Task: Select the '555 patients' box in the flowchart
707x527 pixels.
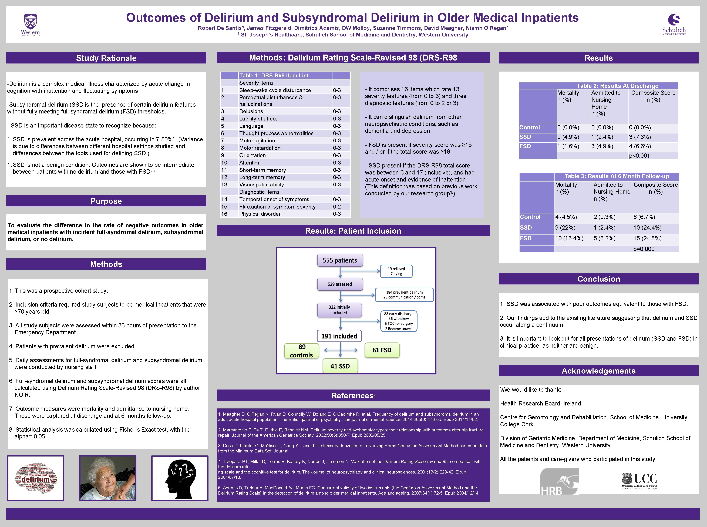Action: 340,260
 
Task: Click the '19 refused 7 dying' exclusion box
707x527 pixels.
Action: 396,271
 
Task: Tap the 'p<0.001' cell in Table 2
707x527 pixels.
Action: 639,156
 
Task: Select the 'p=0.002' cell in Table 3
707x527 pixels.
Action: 644,249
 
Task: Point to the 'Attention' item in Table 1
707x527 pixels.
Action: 250,163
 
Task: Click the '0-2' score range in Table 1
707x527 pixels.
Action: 337,207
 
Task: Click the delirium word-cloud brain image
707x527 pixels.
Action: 36,478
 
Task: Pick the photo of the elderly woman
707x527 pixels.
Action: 108,478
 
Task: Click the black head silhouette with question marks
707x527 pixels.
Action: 180,478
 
